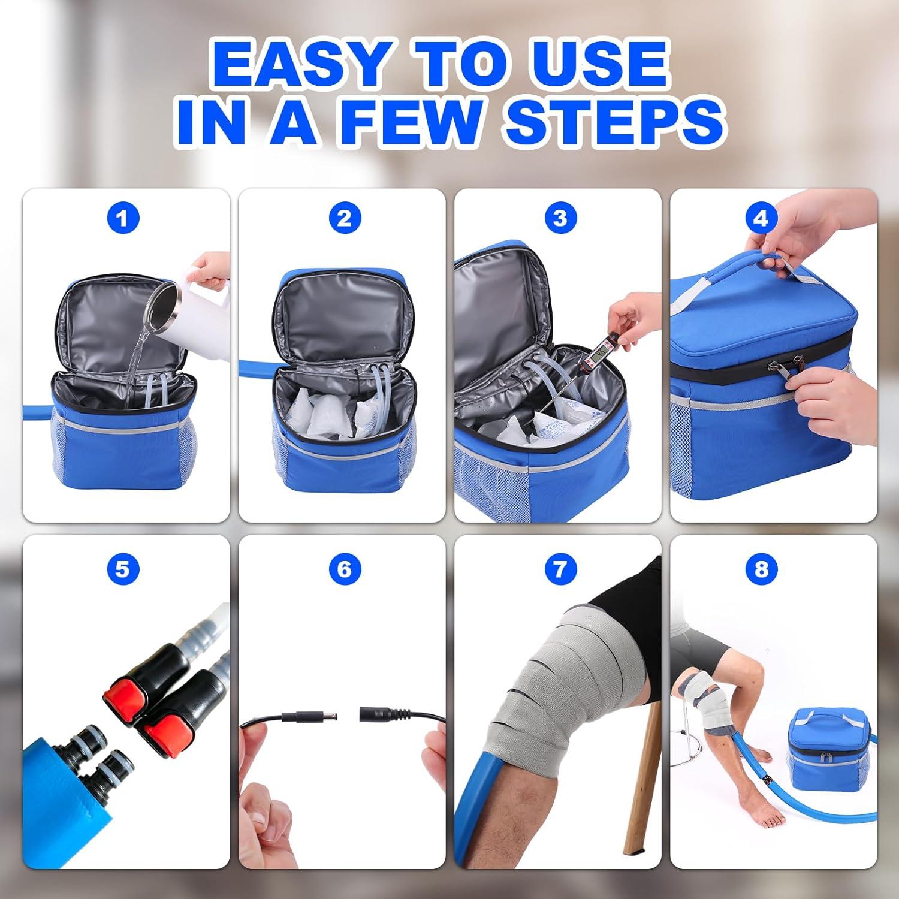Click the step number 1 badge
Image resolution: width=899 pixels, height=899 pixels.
pos(123,218)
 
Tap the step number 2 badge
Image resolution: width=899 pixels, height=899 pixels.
pos(344,218)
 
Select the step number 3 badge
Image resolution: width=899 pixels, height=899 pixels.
pos(560,218)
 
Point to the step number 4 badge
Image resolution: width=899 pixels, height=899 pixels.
pos(761,218)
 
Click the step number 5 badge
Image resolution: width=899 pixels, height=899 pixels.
pos(123,568)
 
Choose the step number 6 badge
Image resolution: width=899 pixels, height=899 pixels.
pos(344,568)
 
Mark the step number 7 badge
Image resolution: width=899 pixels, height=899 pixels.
pos(560,568)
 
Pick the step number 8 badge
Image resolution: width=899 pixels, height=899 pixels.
pos(761,568)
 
